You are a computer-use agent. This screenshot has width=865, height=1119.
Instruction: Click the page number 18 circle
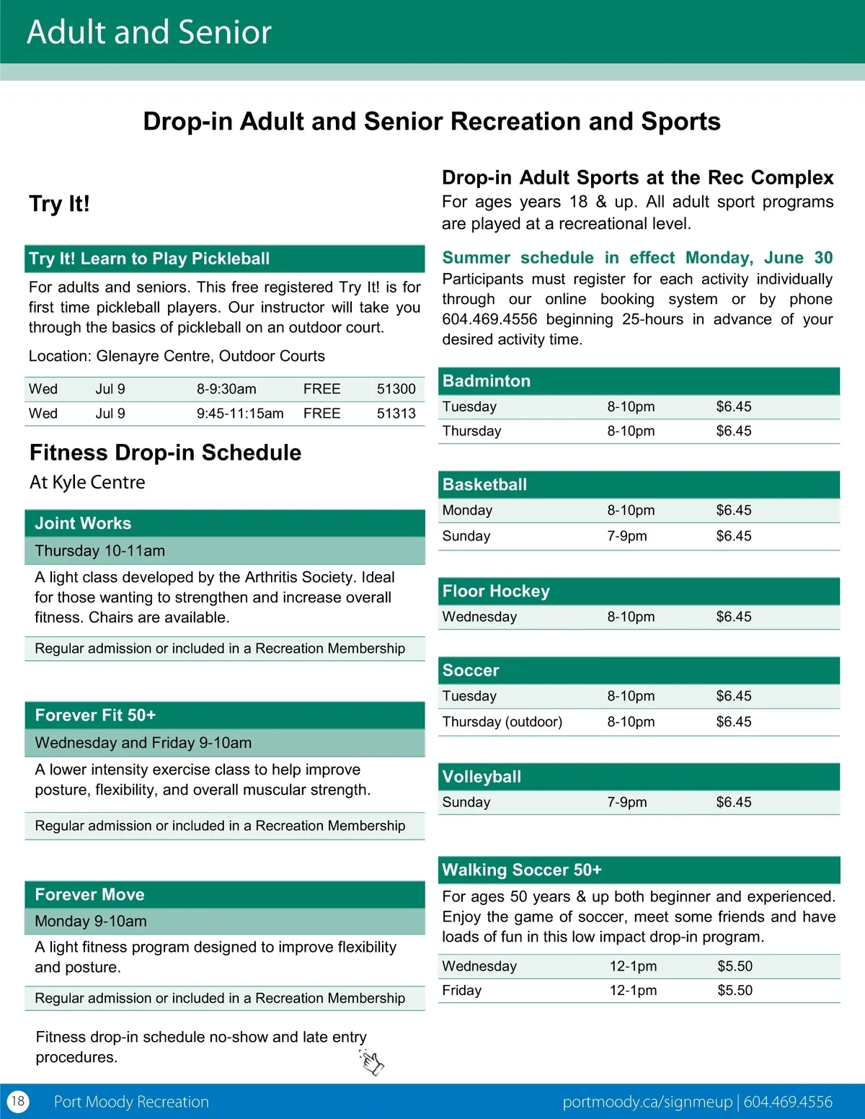coord(18,1101)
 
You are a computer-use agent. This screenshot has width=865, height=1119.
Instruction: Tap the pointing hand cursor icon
coord(372,1062)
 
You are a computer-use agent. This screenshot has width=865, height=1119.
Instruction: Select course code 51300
coord(396,389)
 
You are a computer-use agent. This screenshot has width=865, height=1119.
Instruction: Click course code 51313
coord(396,414)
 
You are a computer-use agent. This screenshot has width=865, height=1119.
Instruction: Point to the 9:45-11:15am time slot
coord(240,414)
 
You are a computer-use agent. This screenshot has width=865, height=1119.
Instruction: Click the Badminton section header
coord(487,381)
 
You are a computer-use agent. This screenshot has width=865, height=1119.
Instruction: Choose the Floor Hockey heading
coord(496,592)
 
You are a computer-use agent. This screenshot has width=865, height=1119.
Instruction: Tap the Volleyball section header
coord(482,777)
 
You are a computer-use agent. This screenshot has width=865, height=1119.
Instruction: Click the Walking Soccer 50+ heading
coord(522,870)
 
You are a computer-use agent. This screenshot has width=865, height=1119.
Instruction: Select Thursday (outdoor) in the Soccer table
coord(502,722)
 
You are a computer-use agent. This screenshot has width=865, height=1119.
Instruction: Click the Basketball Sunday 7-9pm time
coord(627,536)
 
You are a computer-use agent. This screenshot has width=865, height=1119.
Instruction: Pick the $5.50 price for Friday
coord(735,991)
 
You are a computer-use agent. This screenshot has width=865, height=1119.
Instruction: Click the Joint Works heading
coord(83,524)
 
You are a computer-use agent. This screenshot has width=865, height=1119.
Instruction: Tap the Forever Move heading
coord(89,895)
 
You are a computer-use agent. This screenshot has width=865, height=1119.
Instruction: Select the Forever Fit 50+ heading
coord(95,715)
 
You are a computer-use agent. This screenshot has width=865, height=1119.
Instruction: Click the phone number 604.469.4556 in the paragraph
coord(489,319)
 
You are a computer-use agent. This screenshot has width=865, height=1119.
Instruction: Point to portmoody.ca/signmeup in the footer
coord(647,1102)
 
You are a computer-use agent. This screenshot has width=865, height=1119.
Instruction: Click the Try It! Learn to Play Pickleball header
coord(149,259)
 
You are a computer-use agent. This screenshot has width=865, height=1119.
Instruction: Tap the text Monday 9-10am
coord(91,922)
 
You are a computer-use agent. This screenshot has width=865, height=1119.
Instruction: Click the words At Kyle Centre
coord(87,482)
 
